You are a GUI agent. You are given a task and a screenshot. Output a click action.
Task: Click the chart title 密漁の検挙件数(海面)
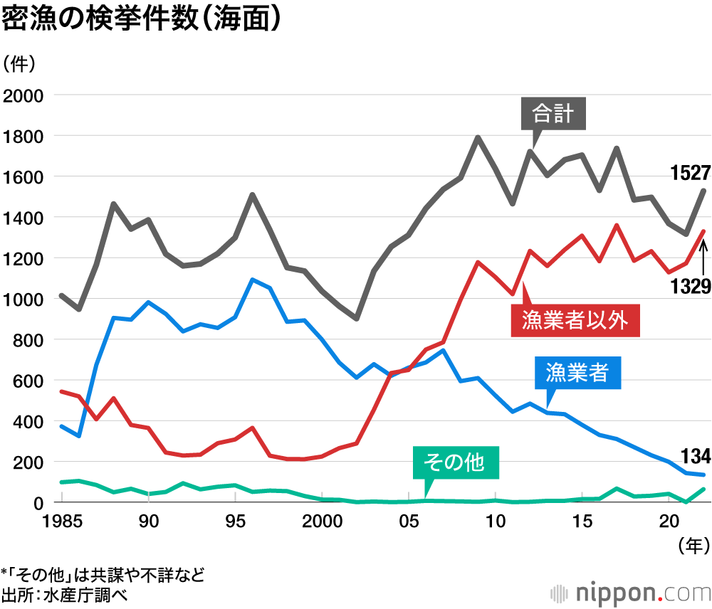point(140,19)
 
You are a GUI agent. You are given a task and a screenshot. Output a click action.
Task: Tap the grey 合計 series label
point(553,114)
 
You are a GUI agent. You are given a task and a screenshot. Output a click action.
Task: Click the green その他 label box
point(456,463)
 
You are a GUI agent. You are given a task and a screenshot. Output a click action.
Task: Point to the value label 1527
point(690,173)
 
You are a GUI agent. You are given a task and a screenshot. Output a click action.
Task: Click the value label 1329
point(690,286)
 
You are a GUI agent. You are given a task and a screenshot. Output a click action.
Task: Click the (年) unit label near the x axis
point(693,546)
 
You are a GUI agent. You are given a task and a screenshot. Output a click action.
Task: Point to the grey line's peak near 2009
point(478,137)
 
